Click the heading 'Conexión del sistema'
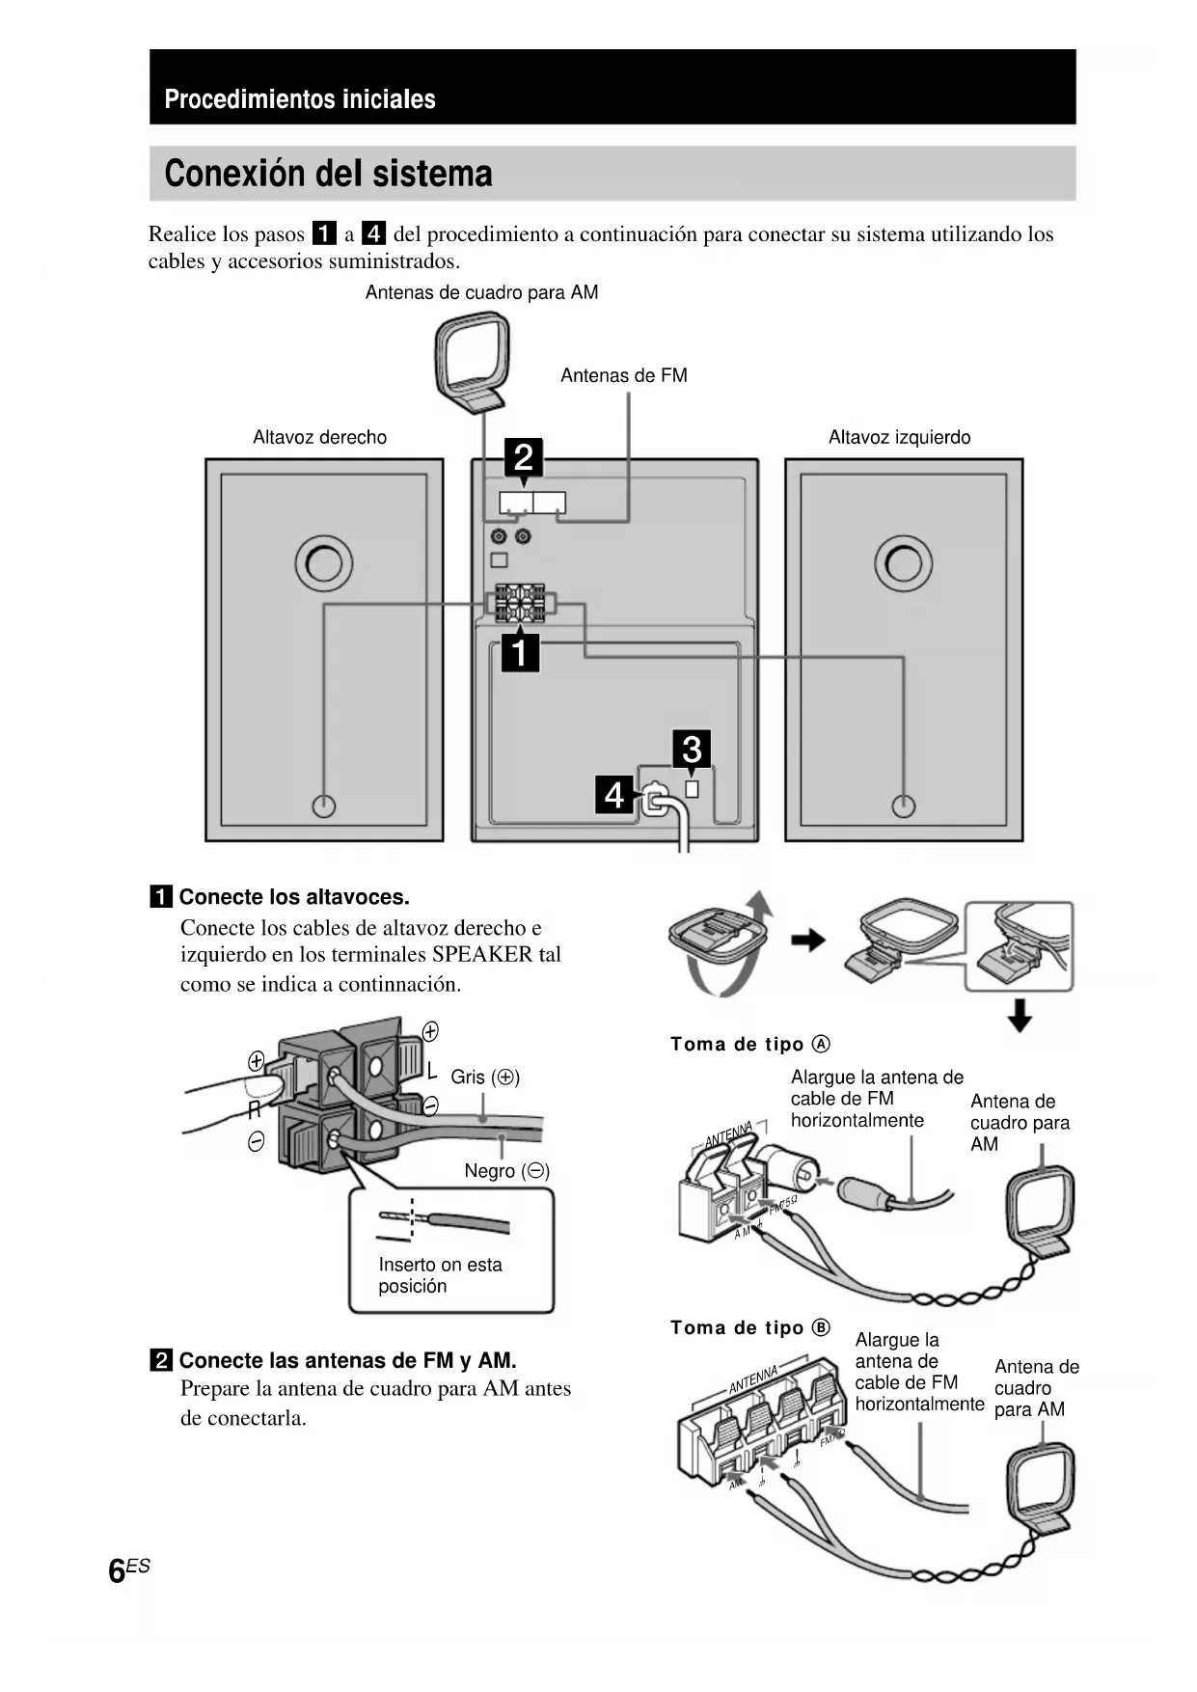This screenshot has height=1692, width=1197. [x=328, y=174]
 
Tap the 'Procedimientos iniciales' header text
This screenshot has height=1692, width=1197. [x=300, y=99]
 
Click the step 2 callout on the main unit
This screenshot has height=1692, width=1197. [x=524, y=456]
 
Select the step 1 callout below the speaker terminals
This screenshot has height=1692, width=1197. [x=520, y=653]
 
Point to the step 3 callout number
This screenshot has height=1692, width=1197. [x=692, y=749]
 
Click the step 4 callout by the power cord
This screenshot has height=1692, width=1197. [x=614, y=795]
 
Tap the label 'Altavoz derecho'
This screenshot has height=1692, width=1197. [x=319, y=437]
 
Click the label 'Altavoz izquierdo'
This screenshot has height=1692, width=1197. [x=899, y=437]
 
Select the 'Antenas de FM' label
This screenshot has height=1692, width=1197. [x=623, y=375]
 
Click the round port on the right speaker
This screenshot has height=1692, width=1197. [x=324, y=563]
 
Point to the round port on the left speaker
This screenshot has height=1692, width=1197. [x=903, y=563]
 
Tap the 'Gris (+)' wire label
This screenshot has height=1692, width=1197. [x=485, y=1077]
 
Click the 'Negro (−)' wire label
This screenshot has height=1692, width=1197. [x=506, y=1170]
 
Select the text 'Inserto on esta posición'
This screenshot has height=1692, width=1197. [x=440, y=1274]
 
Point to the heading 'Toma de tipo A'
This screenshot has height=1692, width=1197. [x=749, y=1044]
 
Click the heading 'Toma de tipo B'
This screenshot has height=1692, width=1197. [x=749, y=1327]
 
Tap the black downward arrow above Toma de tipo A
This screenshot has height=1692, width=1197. [x=1019, y=1016]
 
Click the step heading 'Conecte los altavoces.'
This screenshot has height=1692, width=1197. [x=293, y=897]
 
